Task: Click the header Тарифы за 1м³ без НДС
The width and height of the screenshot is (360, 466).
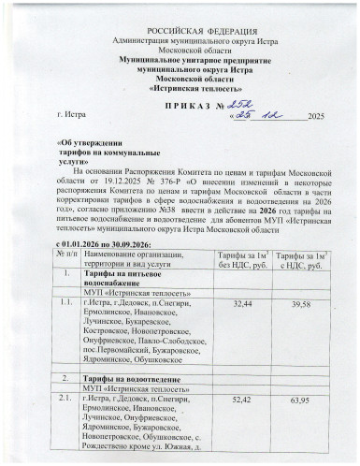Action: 242,259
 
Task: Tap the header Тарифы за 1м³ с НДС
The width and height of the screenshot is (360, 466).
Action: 301,259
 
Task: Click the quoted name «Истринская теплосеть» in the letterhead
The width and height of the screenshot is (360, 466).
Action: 180,86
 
